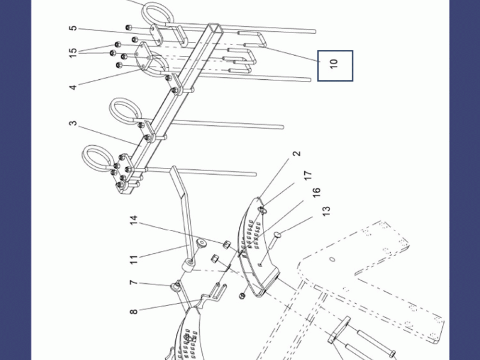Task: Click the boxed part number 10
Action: (334, 63)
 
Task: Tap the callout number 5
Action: (73, 28)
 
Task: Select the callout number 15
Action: (73, 53)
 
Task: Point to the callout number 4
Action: (73, 87)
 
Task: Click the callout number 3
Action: (73, 123)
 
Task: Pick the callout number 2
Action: (296, 154)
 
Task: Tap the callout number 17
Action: (308, 175)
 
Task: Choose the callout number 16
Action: (316, 192)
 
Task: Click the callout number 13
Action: (326, 211)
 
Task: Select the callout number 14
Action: (134, 220)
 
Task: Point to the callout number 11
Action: (134, 260)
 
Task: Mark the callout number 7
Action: (134, 282)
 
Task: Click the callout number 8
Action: (134, 311)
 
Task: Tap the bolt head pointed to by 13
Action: (278, 235)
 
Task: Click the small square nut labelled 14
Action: (226, 245)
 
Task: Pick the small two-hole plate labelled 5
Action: (157, 35)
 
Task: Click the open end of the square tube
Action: (215, 28)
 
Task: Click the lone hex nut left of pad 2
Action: (242, 295)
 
